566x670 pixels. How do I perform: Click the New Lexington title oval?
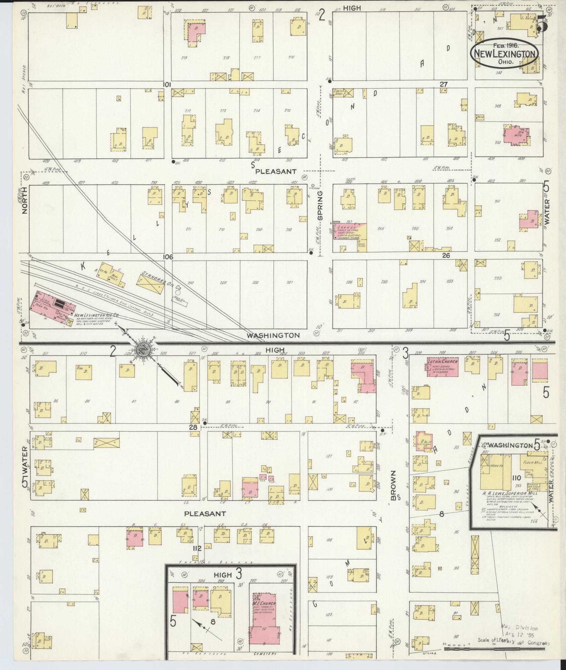pos(504,54)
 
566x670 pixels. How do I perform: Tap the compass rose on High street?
pos(144,348)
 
